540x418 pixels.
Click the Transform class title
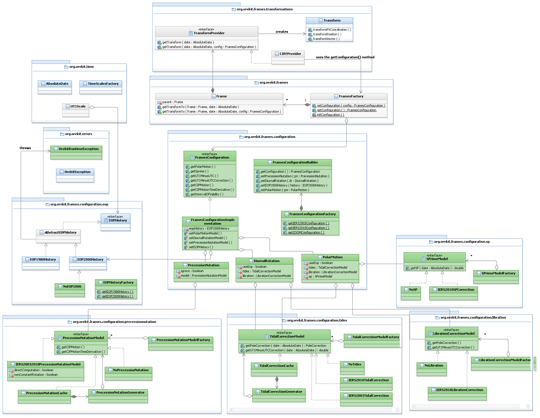(x=332, y=21)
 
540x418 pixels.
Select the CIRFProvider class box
(x=288, y=57)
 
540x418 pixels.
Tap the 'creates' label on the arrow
(x=282, y=32)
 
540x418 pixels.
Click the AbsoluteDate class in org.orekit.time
(x=55, y=87)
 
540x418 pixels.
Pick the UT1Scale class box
(x=75, y=110)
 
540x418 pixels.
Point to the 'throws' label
(x=25, y=148)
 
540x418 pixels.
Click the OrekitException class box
(x=75, y=175)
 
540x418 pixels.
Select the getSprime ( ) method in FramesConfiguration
(x=199, y=172)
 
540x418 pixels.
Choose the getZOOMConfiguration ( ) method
(x=306, y=233)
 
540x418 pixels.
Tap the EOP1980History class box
(x=41, y=263)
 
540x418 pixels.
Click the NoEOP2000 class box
(x=70, y=290)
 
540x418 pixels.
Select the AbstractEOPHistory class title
(x=61, y=232)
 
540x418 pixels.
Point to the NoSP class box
(x=411, y=293)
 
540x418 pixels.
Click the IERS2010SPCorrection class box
(x=453, y=293)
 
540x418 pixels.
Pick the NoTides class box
(x=352, y=368)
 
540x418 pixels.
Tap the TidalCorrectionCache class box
(x=274, y=369)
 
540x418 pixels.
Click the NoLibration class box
(x=432, y=369)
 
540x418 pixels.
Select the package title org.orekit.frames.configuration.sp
(x=462, y=242)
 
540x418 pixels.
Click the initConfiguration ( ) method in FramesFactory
(x=330, y=115)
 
